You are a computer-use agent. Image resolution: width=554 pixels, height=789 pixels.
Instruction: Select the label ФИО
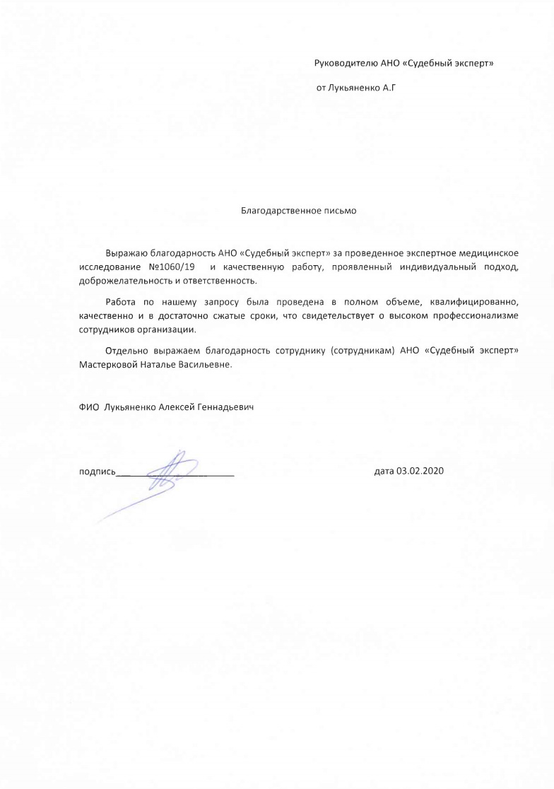click(89, 409)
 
